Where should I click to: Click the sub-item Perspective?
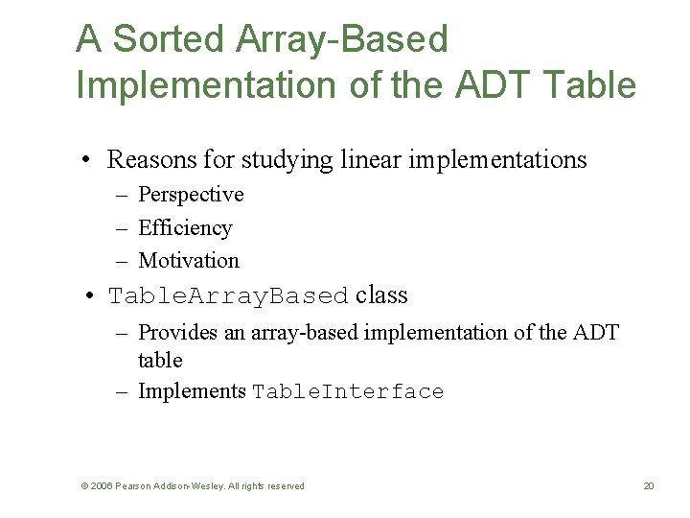[191, 195]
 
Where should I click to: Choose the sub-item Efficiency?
[185, 228]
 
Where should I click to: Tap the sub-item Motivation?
[189, 261]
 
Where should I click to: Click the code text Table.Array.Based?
[228, 296]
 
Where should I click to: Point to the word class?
[381, 295]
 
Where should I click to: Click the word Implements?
[192, 391]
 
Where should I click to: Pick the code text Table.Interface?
[348, 392]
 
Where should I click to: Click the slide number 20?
[648, 486]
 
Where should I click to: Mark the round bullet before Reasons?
[87, 160]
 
